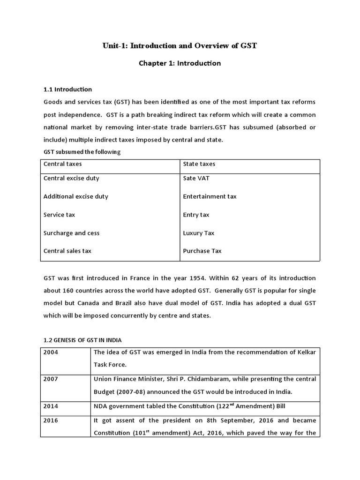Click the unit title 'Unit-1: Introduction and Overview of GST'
(180, 46)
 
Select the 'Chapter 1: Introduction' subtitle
(180, 63)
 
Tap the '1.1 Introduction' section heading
(67, 89)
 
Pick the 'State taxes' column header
(199, 164)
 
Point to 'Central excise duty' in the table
(71, 178)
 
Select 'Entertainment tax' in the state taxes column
(210, 196)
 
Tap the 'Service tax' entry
(59, 215)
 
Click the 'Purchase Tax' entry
(202, 251)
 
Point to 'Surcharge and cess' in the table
(71, 233)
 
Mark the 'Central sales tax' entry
(67, 251)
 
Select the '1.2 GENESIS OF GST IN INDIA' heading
(82, 340)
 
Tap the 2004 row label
(51, 352)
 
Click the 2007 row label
(51, 379)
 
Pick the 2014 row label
(51, 405)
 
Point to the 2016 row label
(51, 420)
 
